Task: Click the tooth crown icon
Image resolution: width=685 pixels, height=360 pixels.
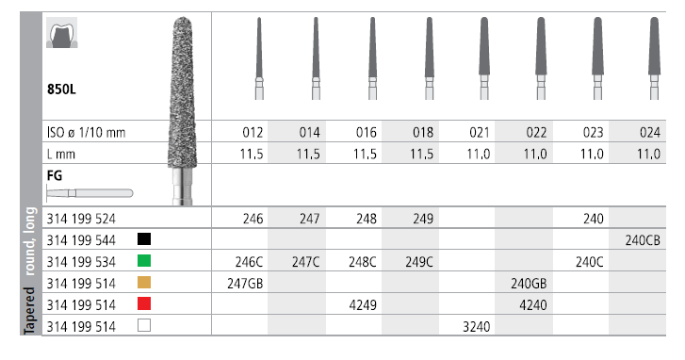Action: coord(62,33)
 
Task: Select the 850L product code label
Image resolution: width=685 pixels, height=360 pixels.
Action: coord(61,90)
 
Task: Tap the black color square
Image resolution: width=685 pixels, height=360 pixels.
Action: coord(144,239)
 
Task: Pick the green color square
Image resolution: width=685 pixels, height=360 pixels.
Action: coord(144,261)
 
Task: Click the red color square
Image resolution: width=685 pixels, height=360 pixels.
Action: coord(144,303)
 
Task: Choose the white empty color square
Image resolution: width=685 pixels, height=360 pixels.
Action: coord(144,325)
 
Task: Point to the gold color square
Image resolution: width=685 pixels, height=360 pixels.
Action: coord(144,282)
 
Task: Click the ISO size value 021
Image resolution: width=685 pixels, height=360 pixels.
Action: coord(480,132)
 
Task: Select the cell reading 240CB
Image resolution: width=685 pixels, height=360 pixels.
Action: coord(643,240)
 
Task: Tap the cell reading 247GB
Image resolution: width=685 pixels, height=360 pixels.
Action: coord(245,284)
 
